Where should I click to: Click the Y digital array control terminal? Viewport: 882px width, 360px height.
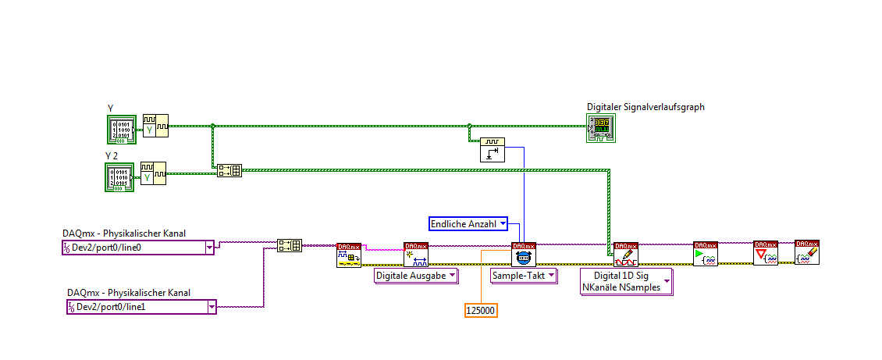121,130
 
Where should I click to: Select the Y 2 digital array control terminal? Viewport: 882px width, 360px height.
120,177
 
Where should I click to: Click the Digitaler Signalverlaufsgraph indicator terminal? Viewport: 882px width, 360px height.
601,129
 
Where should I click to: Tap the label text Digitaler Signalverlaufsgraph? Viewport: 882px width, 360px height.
645,107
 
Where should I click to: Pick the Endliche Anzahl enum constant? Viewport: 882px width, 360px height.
468,224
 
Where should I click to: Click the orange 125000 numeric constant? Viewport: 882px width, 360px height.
481,310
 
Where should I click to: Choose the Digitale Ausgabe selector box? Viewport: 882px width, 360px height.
416,276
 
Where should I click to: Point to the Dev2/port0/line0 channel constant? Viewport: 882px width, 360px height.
137,248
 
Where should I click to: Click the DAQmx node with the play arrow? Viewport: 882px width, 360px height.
705,254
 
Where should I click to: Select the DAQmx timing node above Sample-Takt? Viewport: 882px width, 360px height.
524,255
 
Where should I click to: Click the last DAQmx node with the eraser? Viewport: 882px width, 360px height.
806,252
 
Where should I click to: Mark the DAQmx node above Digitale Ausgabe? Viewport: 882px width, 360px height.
416,255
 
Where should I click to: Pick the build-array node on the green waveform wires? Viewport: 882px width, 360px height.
229,170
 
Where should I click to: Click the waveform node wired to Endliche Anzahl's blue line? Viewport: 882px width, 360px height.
492,149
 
